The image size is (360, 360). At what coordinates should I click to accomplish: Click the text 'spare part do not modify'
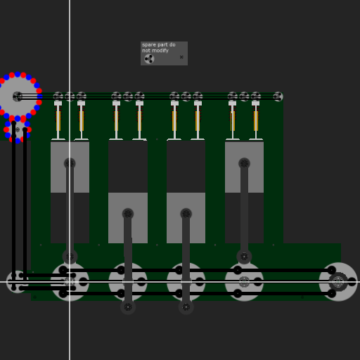(159, 48)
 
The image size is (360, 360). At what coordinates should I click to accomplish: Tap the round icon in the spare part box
(149, 59)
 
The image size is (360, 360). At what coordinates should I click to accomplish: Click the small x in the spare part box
(181, 57)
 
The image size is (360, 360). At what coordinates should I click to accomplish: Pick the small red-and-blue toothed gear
(18, 130)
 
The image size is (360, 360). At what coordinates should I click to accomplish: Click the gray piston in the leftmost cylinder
(70, 167)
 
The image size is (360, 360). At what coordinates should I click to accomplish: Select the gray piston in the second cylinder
(128, 218)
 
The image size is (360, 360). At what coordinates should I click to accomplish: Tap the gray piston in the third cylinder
(186, 218)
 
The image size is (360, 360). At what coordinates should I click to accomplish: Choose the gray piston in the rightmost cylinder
(244, 167)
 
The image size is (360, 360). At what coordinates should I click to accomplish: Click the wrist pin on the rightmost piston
(244, 163)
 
